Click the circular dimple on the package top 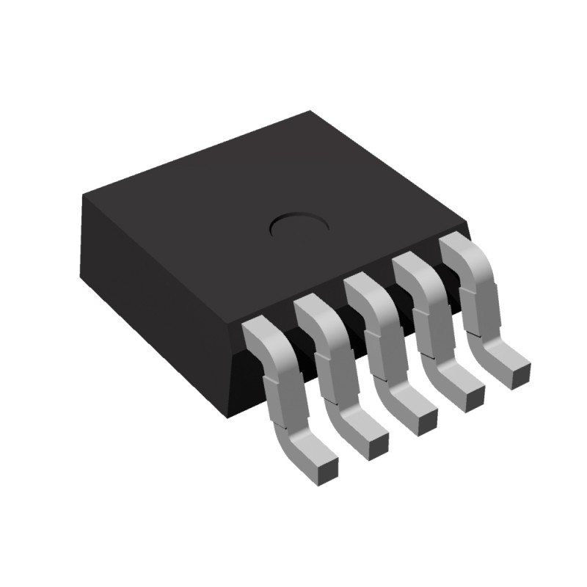298,226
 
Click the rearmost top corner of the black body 309,112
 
